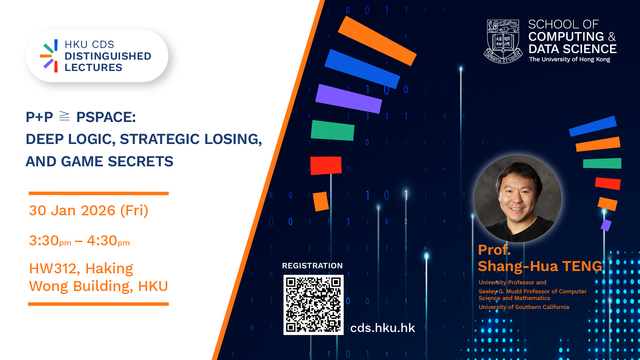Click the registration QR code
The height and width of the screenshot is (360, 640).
(x=313, y=305)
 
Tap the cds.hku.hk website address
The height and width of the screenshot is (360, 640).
(x=382, y=328)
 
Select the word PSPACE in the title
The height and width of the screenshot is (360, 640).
(x=106, y=117)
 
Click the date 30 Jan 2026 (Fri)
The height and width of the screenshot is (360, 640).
(x=89, y=211)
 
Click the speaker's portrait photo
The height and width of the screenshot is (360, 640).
(x=518, y=199)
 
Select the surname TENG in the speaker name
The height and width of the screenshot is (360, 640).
(x=582, y=266)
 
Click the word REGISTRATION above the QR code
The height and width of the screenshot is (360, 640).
(x=312, y=266)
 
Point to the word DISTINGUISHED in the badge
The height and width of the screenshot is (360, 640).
(x=108, y=56)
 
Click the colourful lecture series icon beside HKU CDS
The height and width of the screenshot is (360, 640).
(x=49, y=56)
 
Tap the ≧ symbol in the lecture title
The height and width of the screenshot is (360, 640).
(x=64, y=116)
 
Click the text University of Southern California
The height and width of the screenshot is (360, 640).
(x=524, y=307)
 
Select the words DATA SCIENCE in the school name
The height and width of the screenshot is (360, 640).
(x=573, y=49)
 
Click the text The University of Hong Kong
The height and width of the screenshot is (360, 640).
(x=570, y=59)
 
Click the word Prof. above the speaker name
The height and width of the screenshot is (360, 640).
(x=494, y=250)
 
